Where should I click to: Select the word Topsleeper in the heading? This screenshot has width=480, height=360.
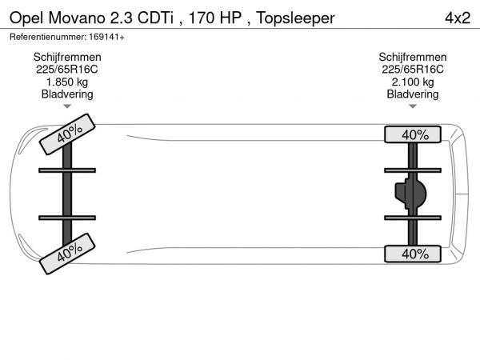[295, 18]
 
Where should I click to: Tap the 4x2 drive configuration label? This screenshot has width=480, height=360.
[458, 18]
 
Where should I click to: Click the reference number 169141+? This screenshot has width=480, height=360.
[107, 37]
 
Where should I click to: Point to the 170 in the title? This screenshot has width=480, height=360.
[202, 18]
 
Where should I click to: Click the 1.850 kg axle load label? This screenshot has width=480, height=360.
[67, 82]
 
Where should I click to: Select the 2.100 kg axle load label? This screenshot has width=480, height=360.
[413, 82]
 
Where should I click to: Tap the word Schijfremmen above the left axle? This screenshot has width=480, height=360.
[67, 58]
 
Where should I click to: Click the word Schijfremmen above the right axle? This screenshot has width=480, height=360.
[413, 58]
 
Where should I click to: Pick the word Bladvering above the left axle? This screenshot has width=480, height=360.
[67, 94]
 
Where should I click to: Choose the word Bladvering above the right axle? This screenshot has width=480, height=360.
[413, 94]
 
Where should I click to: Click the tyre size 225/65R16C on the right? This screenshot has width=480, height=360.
[413, 70]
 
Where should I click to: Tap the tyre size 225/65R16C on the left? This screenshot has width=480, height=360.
[67, 70]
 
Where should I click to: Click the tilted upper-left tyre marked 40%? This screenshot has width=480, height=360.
[67, 134]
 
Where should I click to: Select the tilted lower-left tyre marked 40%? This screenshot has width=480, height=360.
[67, 254]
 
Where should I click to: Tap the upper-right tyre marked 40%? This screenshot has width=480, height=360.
[413, 134]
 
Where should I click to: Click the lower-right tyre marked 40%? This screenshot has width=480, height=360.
[413, 254]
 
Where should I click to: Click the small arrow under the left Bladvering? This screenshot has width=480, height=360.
[67, 106]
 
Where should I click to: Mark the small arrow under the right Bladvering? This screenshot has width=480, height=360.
[413, 106]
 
